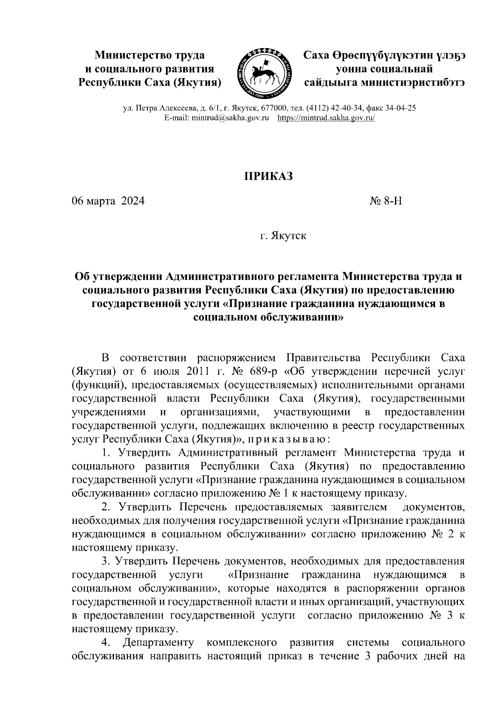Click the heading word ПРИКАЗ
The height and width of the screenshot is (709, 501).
point(268,176)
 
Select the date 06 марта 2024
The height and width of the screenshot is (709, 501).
point(108,201)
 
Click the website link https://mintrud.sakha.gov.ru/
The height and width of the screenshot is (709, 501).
point(326,118)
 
